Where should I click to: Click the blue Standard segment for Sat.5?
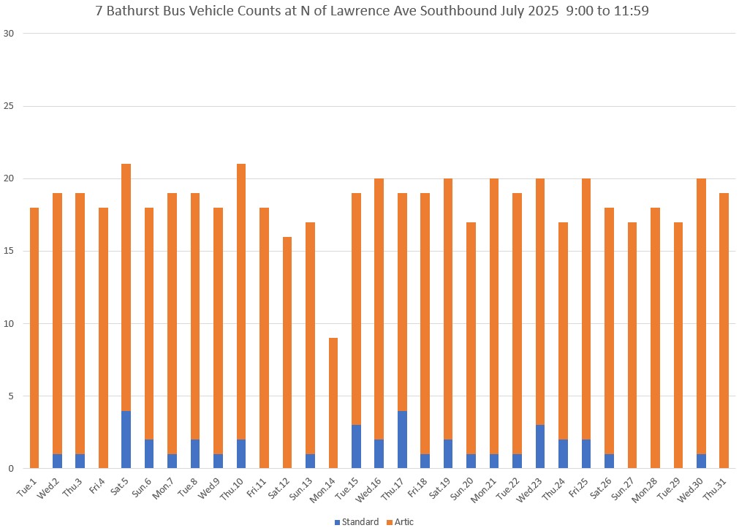(x=126, y=440)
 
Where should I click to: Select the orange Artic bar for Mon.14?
(x=333, y=403)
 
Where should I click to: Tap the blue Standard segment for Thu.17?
(x=402, y=440)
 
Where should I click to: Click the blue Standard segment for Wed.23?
(x=540, y=447)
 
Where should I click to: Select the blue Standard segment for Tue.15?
(x=356, y=447)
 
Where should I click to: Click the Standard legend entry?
(x=357, y=522)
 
